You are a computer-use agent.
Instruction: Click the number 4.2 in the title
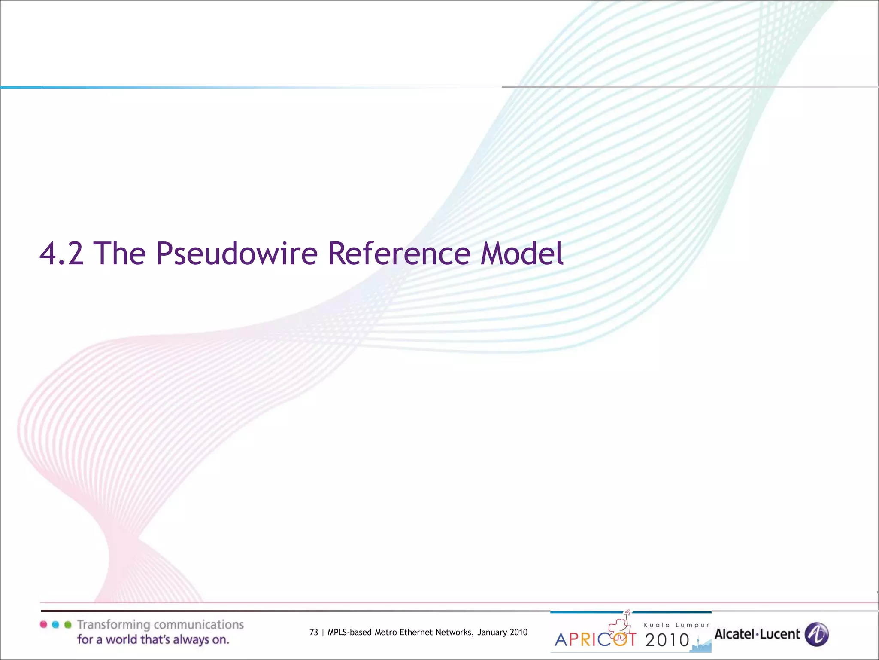pos(61,254)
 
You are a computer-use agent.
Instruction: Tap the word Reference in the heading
pos(399,254)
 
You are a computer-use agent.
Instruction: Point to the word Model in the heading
pos(521,254)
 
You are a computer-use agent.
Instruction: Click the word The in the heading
pos(119,254)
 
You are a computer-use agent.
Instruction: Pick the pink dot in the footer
pos(43,624)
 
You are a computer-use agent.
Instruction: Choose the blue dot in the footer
pos(55,624)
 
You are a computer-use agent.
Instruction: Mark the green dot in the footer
pos(67,624)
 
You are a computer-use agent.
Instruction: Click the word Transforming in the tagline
pos(113,625)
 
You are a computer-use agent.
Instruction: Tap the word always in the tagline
pos(191,640)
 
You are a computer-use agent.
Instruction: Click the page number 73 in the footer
pos(314,632)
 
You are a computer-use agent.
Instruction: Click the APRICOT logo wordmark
pos(595,639)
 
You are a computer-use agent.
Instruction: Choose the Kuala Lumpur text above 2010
pos(676,625)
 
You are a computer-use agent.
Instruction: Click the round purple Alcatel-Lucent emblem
pos(817,634)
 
